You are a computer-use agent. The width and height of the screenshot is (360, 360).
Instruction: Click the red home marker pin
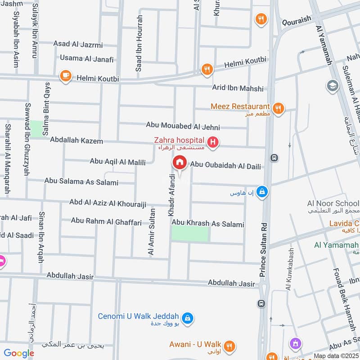(179, 162)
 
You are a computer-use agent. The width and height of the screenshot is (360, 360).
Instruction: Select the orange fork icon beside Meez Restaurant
(278, 108)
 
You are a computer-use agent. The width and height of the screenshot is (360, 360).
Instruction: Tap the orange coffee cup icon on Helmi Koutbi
(66, 75)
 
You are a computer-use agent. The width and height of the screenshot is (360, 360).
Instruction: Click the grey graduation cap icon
(333, 85)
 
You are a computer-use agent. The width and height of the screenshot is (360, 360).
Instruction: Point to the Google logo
(19, 353)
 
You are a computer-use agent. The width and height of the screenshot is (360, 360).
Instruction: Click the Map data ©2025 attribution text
(336, 356)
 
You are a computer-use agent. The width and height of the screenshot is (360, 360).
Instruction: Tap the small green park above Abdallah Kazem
(37, 126)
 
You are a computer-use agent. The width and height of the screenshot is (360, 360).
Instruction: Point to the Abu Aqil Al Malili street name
(117, 161)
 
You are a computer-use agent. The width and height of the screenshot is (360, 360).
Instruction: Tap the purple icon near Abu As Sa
(295, 344)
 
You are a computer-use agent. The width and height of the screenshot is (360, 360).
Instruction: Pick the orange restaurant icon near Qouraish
(261, 19)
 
